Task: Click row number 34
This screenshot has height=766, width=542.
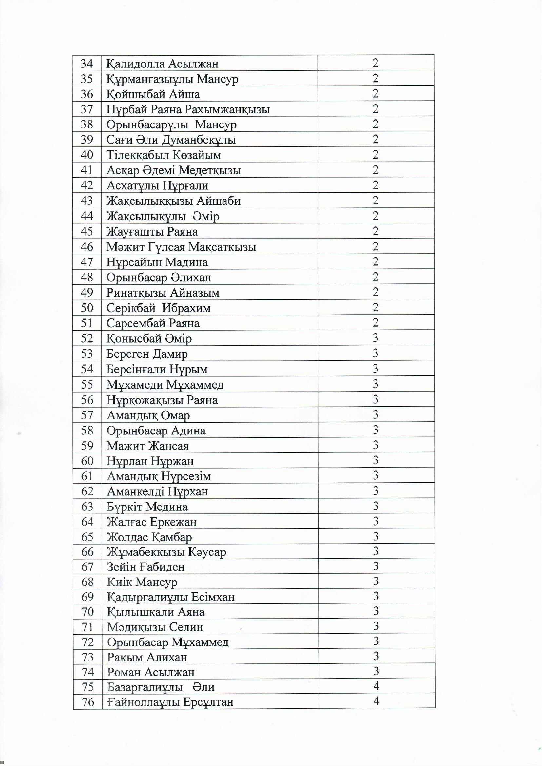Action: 87,63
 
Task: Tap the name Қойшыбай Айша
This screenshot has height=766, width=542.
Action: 153,94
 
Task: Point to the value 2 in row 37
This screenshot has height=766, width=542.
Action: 376,109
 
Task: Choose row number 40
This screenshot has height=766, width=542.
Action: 87,155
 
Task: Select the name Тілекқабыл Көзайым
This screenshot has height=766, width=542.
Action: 164,155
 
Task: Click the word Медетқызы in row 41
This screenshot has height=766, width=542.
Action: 210,170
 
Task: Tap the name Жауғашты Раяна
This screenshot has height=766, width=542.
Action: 152,232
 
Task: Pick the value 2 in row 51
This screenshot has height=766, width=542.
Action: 376,323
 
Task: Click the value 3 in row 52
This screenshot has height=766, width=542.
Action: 376,338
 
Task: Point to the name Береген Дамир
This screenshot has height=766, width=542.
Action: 147,354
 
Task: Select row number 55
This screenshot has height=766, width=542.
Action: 87,385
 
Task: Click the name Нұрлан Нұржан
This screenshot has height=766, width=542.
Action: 150,461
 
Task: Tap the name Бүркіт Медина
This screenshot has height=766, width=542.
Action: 147,507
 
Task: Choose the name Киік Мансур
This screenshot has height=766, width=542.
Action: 142,582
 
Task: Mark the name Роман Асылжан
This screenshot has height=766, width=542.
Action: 151,672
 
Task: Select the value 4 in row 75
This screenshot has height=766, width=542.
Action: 377,686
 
